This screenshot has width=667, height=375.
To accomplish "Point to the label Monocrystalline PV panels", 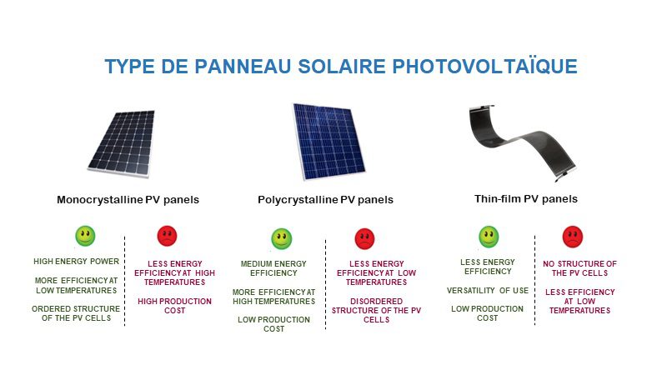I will pyautogui.click(x=128, y=200).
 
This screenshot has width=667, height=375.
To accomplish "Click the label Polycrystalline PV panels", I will pyautogui.click(x=325, y=200).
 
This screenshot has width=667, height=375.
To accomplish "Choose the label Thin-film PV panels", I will pyautogui.click(x=526, y=199).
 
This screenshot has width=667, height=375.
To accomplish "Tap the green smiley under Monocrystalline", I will pyautogui.click(x=85, y=236).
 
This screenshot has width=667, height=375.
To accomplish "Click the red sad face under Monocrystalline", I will pyautogui.click(x=168, y=236).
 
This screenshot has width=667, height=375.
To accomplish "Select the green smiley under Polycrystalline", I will pyautogui.click(x=282, y=239).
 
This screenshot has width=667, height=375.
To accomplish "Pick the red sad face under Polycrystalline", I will pyautogui.click(x=364, y=239).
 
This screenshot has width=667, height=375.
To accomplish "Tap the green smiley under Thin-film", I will pyautogui.click(x=488, y=237).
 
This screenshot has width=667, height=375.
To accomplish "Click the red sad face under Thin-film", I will pyautogui.click(x=572, y=237).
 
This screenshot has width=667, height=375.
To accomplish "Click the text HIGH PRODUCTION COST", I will pyautogui.click(x=174, y=306).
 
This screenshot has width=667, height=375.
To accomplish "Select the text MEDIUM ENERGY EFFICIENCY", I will pyautogui.click(x=274, y=268).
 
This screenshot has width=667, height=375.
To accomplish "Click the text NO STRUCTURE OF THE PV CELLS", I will pyautogui.click(x=579, y=268).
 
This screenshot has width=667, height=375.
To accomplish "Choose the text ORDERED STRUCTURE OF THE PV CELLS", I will pyautogui.click(x=76, y=315).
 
